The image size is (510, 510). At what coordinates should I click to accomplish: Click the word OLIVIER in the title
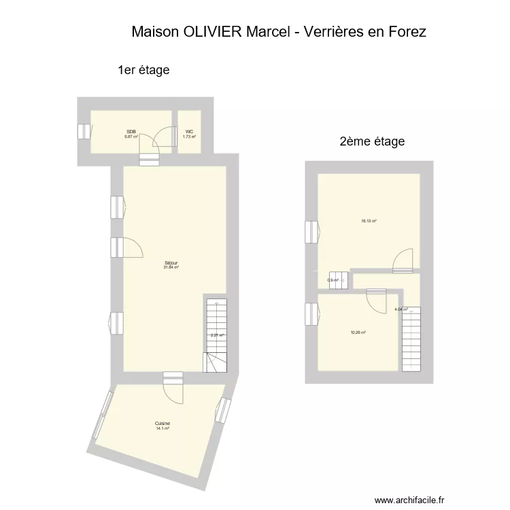tap(213, 32)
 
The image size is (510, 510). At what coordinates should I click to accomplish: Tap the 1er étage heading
tap(143, 70)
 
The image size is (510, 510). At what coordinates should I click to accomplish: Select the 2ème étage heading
tap(372, 142)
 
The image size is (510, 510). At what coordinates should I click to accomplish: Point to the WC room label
tap(188, 132)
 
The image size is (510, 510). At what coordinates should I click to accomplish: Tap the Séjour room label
tap(171, 263)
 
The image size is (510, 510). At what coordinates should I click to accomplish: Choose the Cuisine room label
tap(162, 423)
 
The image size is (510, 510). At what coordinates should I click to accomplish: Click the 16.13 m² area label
tap(369, 221)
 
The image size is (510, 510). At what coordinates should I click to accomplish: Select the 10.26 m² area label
tap(358, 333)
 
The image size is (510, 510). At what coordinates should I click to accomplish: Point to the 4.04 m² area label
tap(401, 309)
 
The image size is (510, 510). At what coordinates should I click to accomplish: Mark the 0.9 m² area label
tap(333, 280)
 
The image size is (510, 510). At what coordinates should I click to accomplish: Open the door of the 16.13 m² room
tap(403, 260)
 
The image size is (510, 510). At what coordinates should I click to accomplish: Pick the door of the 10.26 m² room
tap(376, 298)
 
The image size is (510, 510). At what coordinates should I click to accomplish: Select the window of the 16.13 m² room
tap(311, 232)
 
